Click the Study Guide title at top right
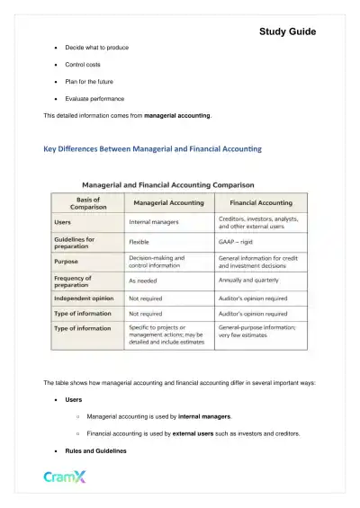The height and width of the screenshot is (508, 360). (287, 31)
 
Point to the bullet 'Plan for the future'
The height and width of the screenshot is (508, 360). (92, 82)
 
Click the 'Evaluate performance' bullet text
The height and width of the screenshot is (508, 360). (94, 99)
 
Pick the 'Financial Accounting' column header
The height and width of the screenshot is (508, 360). (262, 203)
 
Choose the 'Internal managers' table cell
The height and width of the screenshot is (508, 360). (154, 222)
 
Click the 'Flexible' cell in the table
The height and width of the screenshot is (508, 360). (139, 242)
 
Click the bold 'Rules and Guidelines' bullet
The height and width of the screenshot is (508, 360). (95, 450)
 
